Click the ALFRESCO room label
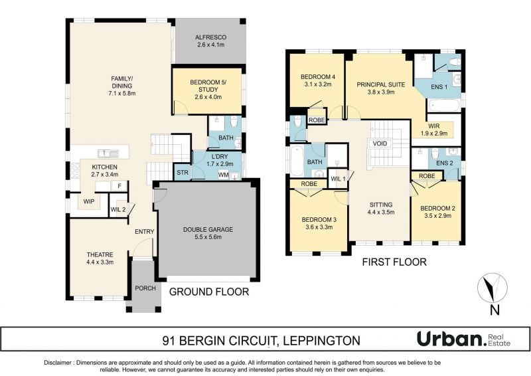(x=210, y=37)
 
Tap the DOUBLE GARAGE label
(x=208, y=230)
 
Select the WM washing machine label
(x=223, y=175)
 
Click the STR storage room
(x=182, y=172)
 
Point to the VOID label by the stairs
(x=380, y=143)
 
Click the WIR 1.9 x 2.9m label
(x=434, y=130)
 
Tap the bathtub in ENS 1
(x=443, y=105)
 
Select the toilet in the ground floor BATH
(x=234, y=122)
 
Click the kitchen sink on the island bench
(x=108, y=153)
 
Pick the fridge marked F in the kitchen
(x=119, y=186)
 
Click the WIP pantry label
(x=89, y=201)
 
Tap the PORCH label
(x=145, y=288)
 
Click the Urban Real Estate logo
(x=463, y=339)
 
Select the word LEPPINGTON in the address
(x=321, y=340)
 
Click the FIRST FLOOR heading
(x=394, y=262)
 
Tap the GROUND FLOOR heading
(x=209, y=292)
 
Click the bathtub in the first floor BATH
(x=297, y=160)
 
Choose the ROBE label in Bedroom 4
(x=317, y=120)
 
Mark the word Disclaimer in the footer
(x=58, y=363)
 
